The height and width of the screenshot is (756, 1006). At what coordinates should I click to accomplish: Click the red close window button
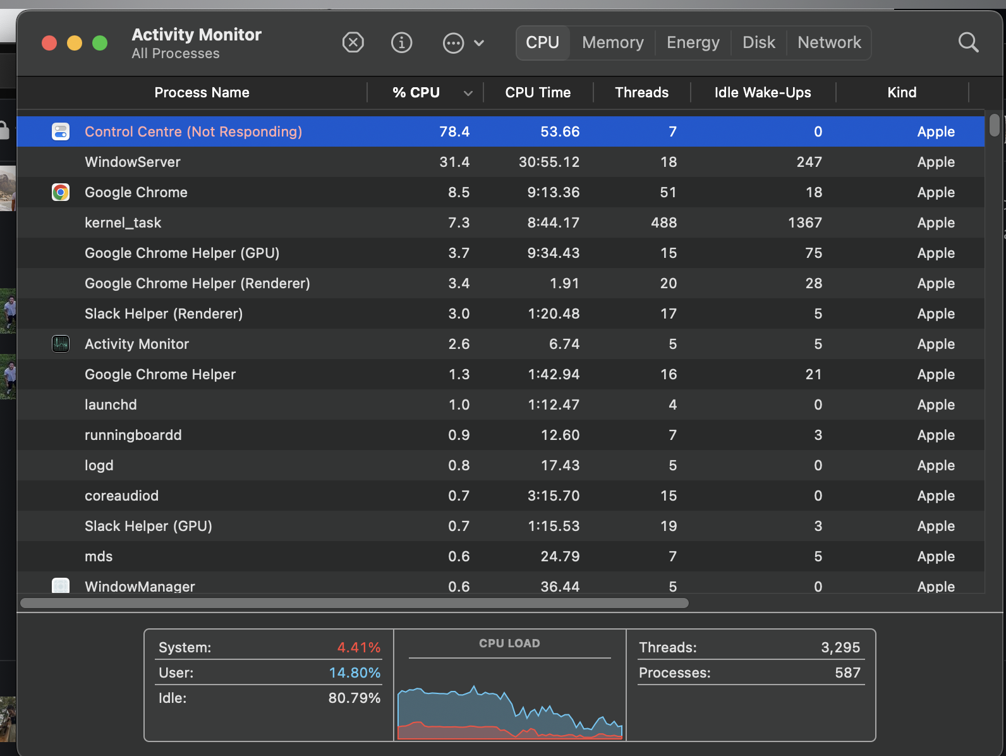coord(49,43)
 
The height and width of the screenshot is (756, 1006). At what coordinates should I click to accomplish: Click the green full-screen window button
coord(100,43)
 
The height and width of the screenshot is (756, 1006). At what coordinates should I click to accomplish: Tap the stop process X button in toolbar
coord(353,43)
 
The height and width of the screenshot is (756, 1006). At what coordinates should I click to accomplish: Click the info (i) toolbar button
coord(402,43)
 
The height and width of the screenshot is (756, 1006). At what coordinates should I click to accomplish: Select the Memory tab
coord(612,43)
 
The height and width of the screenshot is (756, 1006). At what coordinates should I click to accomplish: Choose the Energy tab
coord(693,43)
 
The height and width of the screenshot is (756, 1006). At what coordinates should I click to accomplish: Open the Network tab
coord(829,43)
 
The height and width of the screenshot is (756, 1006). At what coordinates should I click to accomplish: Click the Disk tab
coord(758,43)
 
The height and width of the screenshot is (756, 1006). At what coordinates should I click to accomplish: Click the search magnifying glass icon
coord(968,43)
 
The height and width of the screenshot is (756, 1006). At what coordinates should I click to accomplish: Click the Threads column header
coord(641,93)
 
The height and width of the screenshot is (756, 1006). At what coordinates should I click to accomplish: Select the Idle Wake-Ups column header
coord(762,93)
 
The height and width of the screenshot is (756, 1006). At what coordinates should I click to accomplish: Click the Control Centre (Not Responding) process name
coord(193,131)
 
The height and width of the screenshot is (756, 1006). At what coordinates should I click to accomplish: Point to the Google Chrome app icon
coord(61,192)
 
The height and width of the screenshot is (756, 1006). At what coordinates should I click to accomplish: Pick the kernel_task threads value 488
coord(664,223)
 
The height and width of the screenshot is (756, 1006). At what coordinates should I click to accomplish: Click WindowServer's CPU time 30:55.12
coord(548,162)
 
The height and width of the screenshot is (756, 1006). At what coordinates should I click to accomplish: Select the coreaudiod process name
coord(121,496)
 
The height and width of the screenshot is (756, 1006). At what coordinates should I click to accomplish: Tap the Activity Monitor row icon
coord(61,344)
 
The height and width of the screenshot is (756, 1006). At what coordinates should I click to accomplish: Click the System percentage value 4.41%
coord(358,647)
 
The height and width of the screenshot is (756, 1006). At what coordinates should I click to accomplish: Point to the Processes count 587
coord(847,673)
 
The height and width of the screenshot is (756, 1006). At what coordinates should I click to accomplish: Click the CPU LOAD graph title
coord(509,643)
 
